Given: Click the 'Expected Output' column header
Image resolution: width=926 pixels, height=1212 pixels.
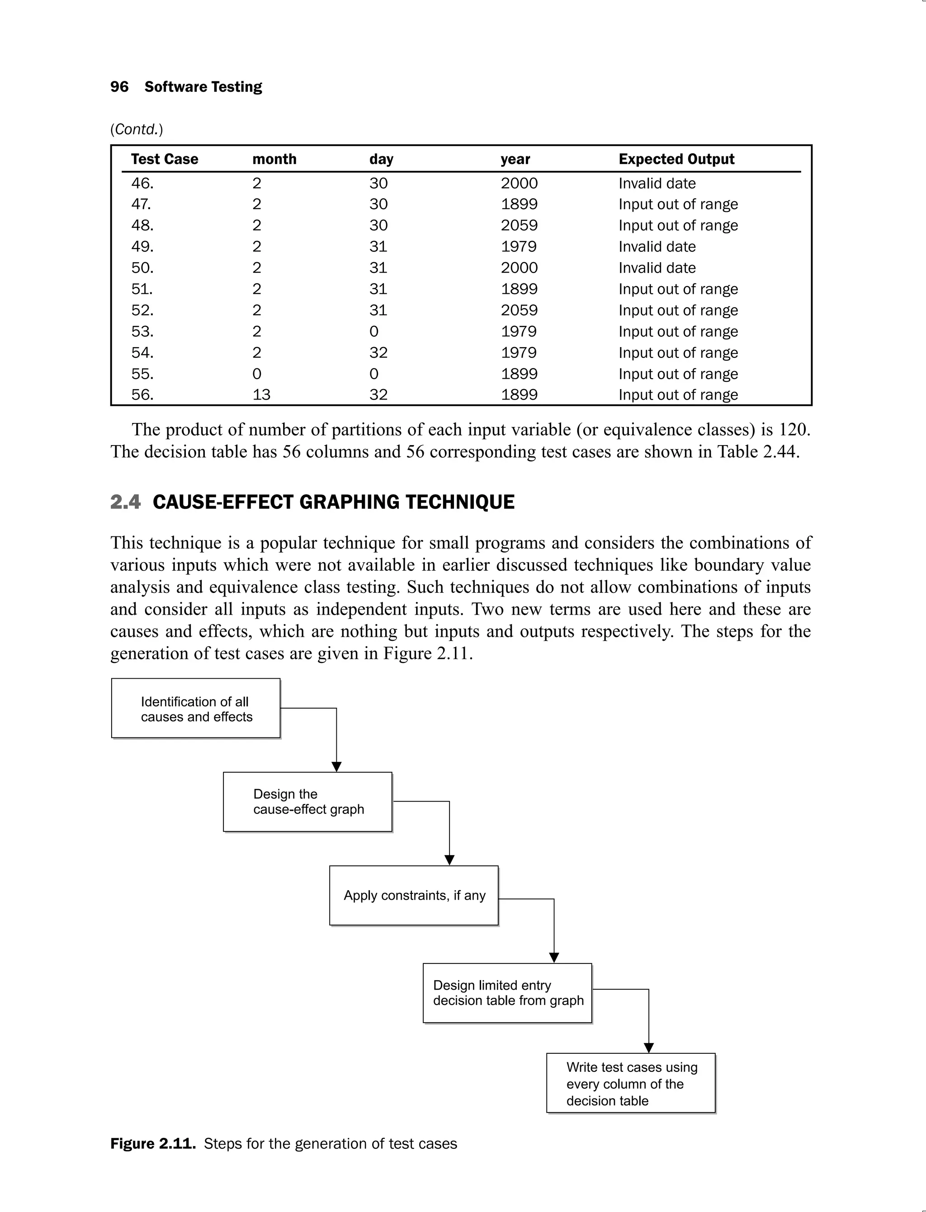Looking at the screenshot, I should pyautogui.click(x=676, y=159).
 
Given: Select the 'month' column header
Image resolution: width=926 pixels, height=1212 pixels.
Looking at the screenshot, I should pyautogui.click(x=274, y=159).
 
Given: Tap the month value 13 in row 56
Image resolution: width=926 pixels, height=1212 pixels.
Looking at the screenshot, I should pyautogui.click(x=261, y=395).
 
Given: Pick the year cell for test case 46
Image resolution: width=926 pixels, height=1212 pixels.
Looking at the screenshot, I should pyautogui.click(x=519, y=183).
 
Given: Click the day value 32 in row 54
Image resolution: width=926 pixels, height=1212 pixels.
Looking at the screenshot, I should pyautogui.click(x=378, y=352).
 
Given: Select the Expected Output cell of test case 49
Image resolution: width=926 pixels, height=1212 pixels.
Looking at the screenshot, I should pyautogui.click(x=657, y=247).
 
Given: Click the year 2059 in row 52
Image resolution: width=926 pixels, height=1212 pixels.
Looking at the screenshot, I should pyautogui.click(x=519, y=310).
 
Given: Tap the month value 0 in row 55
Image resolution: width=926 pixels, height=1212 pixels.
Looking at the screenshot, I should pyautogui.click(x=257, y=374).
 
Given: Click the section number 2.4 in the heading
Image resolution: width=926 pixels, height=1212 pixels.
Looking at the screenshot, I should pyautogui.click(x=125, y=502).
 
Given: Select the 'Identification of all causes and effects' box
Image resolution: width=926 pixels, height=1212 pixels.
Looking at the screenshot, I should pyautogui.click(x=196, y=709).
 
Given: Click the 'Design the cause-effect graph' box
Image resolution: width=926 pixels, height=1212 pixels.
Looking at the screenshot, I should pyautogui.click(x=307, y=802).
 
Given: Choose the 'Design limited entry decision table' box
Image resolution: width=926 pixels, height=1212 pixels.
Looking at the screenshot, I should pyautogui.click(x=507, y=993).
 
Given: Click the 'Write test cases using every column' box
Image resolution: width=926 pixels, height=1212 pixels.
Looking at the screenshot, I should pyautogui.click(x=631, y=1083).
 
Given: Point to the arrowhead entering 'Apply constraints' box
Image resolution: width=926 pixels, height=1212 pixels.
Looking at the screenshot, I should pyautogui.click(x=449, y=860).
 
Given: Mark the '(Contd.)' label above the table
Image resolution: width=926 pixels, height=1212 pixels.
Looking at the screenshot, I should pyautogui.click(x=136, y=129).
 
